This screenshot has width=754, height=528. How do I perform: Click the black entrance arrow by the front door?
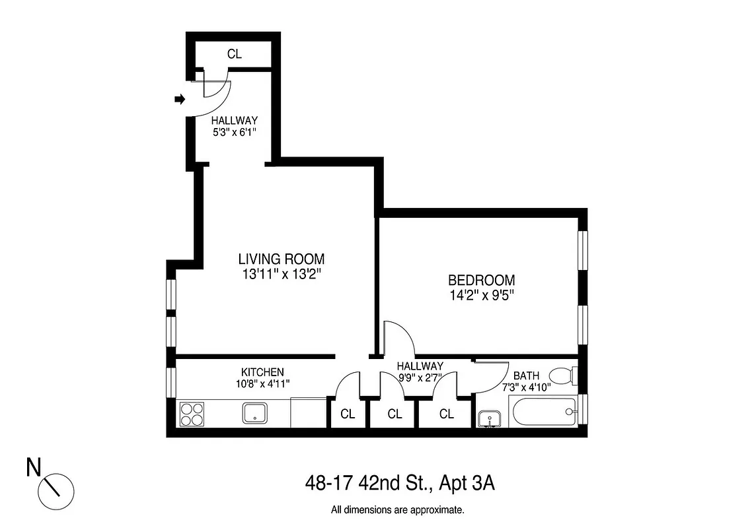[178, 100]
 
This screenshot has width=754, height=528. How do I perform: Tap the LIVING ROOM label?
[282, 259]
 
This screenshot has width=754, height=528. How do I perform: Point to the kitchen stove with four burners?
[192, 414]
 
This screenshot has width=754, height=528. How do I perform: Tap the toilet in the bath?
[564, 377]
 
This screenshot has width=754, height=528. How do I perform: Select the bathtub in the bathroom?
[542, 412]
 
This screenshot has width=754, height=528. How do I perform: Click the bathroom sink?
[490, 418]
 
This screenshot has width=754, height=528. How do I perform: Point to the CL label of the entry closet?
[235, 54]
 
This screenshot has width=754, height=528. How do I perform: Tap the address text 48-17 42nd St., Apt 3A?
[400, 483]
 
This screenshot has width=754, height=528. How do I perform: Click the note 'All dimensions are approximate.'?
[398, 510]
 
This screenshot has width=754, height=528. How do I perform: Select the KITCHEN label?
[262, 372]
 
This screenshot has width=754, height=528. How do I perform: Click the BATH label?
[526, 376]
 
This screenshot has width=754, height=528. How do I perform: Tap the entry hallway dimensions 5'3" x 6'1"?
[234, 132]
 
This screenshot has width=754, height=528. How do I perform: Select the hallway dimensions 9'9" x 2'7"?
[420, 378]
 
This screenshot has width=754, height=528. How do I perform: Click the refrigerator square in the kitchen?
[309, 412]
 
